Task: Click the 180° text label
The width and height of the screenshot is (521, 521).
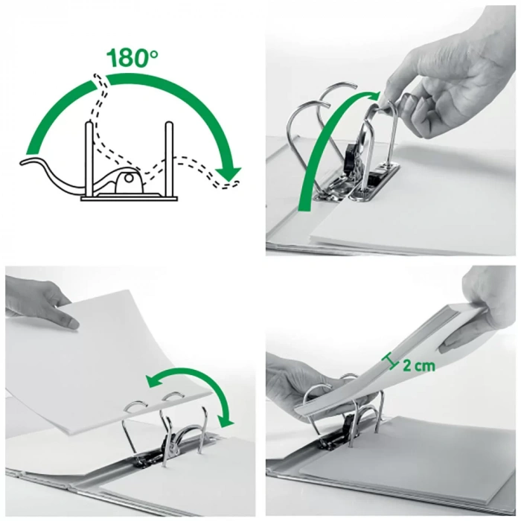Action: click(132, 58)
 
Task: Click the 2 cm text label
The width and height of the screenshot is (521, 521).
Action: click(418, 365)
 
